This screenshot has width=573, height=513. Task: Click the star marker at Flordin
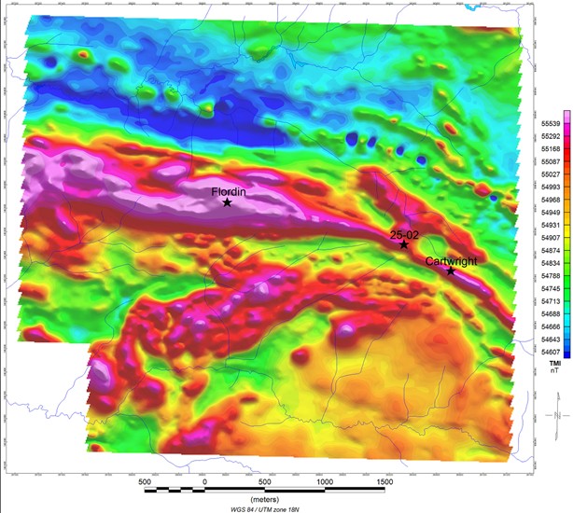(227, 202)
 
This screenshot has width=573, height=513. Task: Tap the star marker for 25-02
(404, 244)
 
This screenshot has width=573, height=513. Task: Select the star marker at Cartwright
(451, 271)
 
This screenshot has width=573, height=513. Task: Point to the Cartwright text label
(451, 262)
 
